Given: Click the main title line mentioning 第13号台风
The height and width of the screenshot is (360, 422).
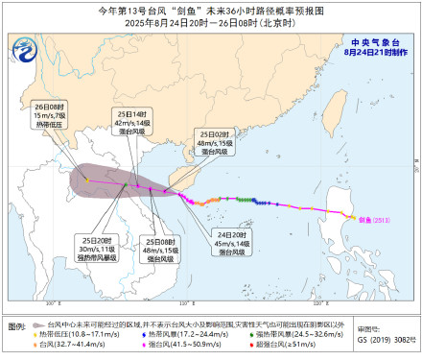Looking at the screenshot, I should pyautogui.click(x=211, y=9).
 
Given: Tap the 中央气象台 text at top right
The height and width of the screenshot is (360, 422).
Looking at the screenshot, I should pyautogui.click(x=375, y=41).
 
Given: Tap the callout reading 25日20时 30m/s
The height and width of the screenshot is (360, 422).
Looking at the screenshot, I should pyautogui.click(x=100, y=249).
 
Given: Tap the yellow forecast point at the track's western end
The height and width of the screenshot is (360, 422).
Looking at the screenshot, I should pyautogui.click(x=84, y=177).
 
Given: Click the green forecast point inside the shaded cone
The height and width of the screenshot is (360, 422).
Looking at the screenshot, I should pyautogui.click(x=122, y=182).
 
